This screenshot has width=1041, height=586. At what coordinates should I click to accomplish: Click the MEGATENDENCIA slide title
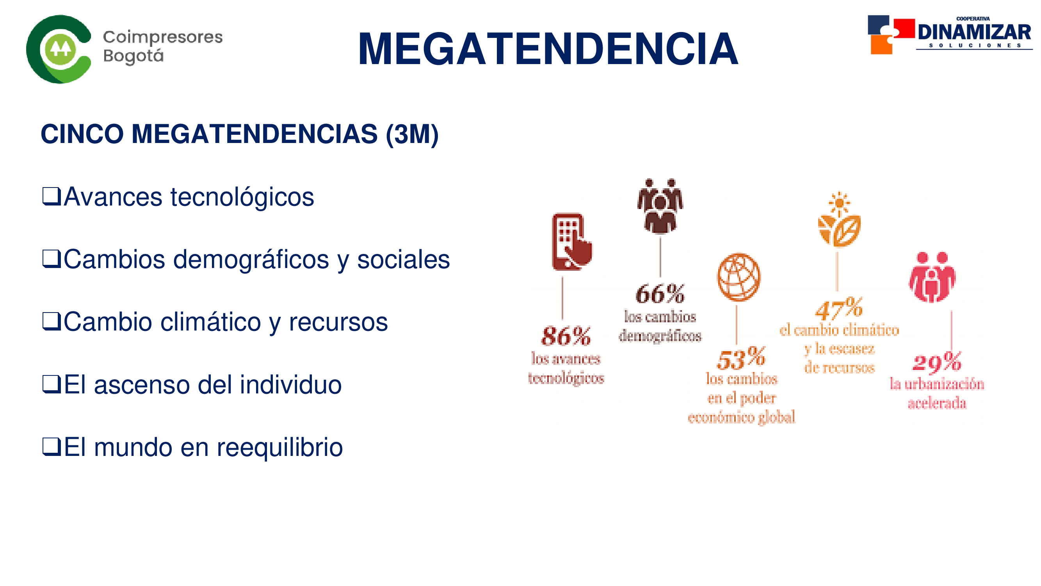[548, 49]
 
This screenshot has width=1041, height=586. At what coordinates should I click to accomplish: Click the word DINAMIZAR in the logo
[974, 32]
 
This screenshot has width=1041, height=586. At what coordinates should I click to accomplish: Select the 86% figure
[566, 336]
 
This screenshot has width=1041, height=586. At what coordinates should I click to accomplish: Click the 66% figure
[660, 294]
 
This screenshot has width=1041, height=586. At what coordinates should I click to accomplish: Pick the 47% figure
[839, 309]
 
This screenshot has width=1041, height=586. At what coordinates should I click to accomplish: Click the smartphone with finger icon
[571, 242]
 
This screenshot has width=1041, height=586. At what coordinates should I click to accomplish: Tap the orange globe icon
[739, 277]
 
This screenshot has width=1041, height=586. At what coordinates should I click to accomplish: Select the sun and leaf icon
[839, 219]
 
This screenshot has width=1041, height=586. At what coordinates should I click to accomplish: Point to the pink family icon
[932, 277]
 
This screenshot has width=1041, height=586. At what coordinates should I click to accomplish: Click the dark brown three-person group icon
[660, 206]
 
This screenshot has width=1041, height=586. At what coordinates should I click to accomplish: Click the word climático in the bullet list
[210, 322]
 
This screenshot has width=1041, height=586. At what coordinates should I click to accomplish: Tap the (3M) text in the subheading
[412, 135]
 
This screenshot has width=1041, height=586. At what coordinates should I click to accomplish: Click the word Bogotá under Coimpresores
[133, 56]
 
